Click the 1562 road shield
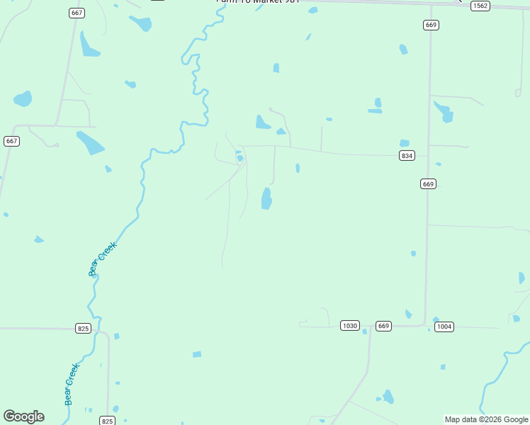(x=480, y=6)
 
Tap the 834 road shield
(x=406, y=156)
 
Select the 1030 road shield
(x=349, y=326)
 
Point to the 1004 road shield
(x=444, y=327)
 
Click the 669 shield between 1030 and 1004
(x=383, y=326)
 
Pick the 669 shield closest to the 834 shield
(x=427, y=184)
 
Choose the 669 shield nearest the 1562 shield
(x=431, y=25)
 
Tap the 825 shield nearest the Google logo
(x=107, y=421)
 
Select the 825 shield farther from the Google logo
(x=83, y=329)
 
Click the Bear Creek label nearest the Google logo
(x=71, y=384)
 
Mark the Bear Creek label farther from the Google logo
(x=102, y=259)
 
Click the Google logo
(x=23, y=416)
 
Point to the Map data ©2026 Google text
(x=487, y=420)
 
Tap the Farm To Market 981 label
(x=258, y=1)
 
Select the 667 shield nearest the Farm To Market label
(x=77, y=13)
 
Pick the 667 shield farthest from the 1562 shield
(x=11, y=141)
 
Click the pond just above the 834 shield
(x=404, y=143)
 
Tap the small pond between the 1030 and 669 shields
(x=365, y=331)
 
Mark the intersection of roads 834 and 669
(x=429, y=155)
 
